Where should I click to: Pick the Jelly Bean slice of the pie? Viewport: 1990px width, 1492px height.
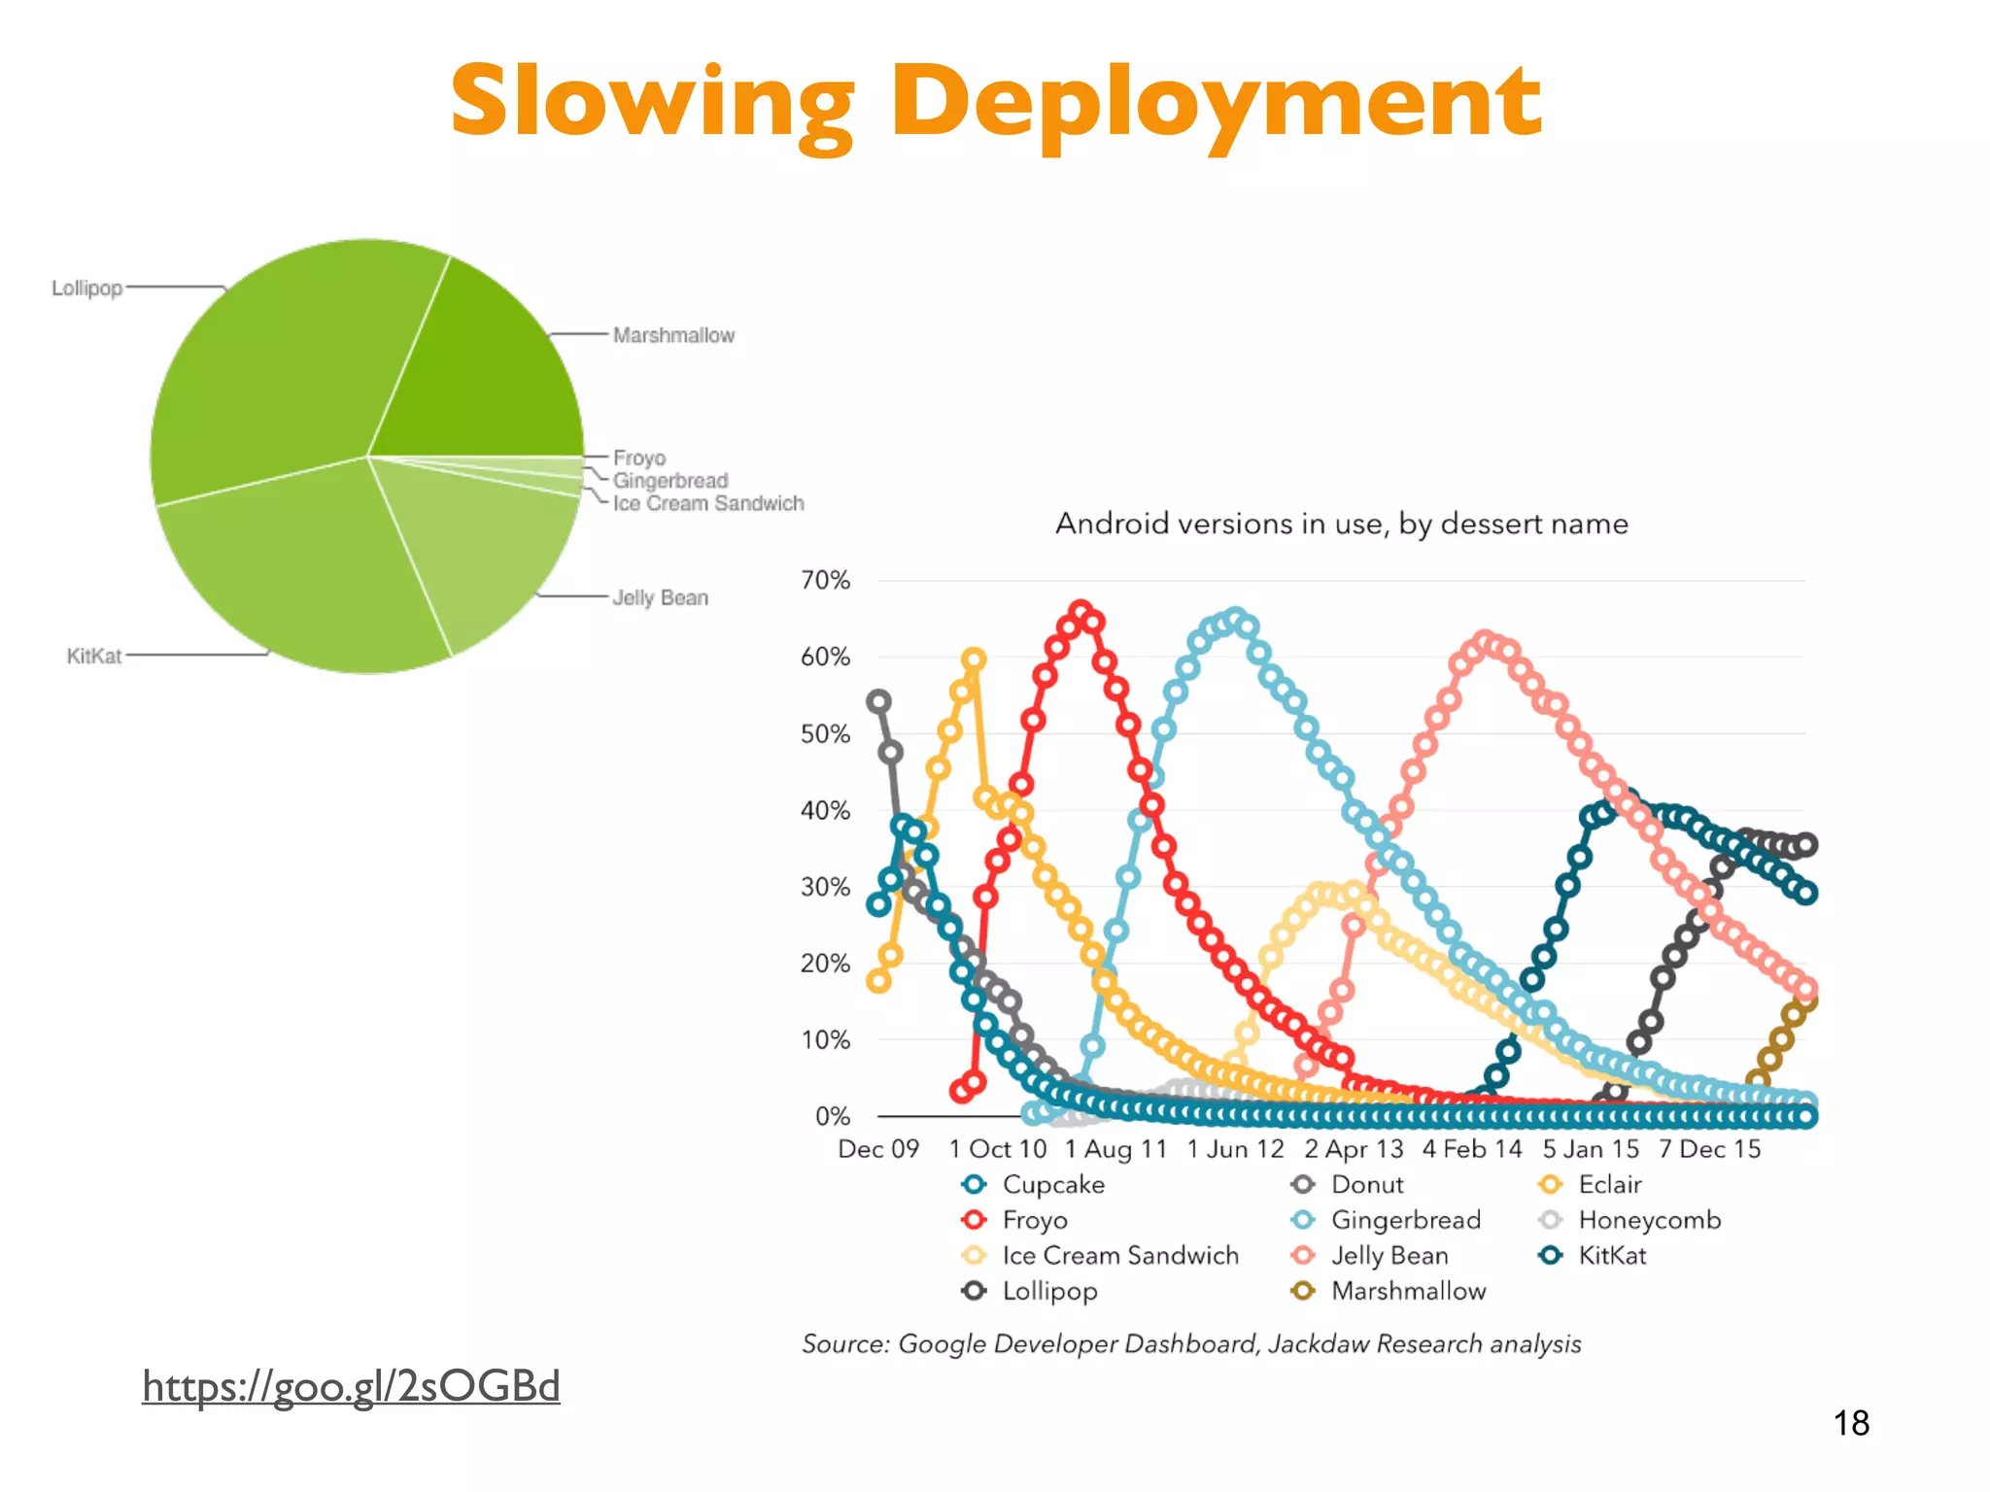tap(476, 544)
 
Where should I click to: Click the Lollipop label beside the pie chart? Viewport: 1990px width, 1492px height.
tap(87, 288)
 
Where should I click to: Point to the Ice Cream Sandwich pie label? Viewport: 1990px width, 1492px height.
tap(708, 503)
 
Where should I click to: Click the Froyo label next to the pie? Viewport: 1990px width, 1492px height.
tap(639, 458)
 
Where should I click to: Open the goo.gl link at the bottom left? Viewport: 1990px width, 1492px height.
tap(351, 1385)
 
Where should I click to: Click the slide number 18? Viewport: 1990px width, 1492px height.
tap(1851, 1423)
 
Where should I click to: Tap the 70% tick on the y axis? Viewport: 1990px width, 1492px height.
tap(825, 580)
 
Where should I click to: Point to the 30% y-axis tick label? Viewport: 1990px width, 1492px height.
tap(825, 887)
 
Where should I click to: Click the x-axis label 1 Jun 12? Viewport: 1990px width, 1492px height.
tap(1235, 1149)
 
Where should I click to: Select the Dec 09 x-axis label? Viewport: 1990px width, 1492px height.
tap(878, 1149)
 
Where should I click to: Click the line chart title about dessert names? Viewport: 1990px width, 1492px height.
tap(1341, 524)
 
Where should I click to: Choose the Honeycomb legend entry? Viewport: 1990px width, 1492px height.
tap(1648, 1220)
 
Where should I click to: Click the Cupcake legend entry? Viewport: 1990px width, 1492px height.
tap(1052, 1185)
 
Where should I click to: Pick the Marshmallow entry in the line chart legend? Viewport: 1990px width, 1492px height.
tap(1407, 1291)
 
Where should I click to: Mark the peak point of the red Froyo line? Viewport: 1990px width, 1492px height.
tap(1081, 611)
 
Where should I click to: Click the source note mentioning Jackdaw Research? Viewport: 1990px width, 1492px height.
tap(1191, 1343)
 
